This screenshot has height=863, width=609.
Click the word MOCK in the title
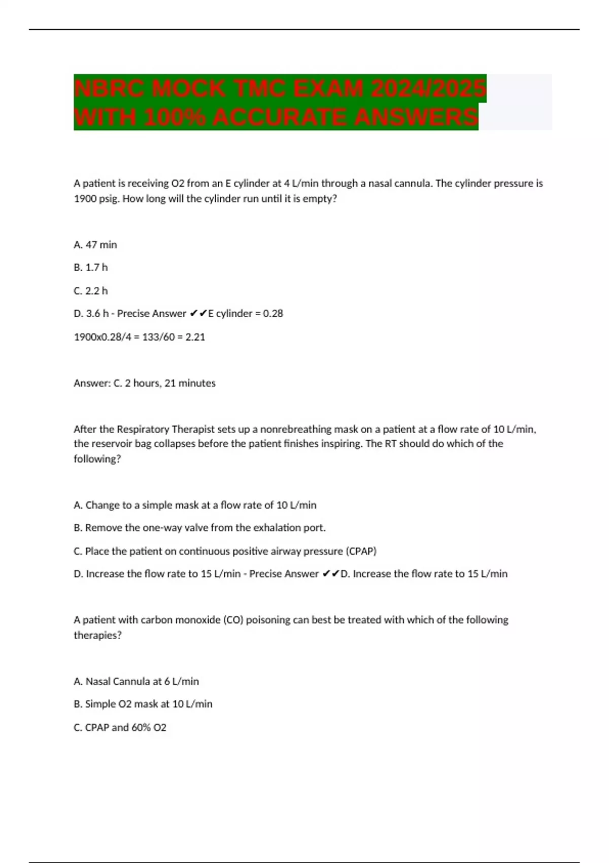[188, 89]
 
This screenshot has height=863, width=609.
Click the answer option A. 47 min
[95, 245]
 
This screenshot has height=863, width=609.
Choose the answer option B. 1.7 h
[91, 267]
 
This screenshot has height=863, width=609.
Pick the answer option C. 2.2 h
[91, 291]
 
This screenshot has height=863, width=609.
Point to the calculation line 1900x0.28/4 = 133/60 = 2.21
[140, 337]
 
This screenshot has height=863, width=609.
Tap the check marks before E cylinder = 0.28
[198, 314]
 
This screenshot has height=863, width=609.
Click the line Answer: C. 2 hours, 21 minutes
[145, 383]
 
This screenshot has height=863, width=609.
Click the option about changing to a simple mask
[195, 505]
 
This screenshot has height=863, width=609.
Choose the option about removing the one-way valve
[199, 528]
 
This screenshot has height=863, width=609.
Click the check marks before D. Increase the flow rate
[330, 574]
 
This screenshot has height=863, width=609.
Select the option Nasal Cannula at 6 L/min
[137, 681]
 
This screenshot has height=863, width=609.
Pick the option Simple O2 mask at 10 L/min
[143, 704]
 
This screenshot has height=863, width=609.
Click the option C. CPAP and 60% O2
[120, 727]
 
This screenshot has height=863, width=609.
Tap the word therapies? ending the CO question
[97, 635]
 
